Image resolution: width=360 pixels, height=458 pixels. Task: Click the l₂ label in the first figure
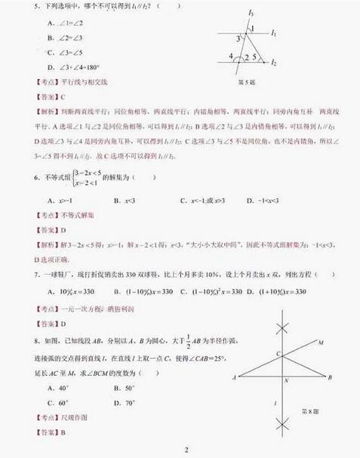274,64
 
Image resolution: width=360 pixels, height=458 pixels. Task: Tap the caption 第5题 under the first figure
248,81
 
